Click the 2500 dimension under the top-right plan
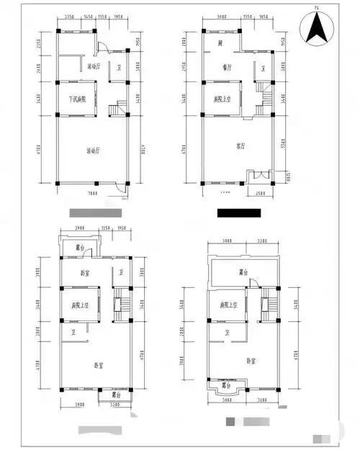[x=258, y=193]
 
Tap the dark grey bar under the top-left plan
[x=94, y=213]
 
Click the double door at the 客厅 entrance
[x=258, y=177]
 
